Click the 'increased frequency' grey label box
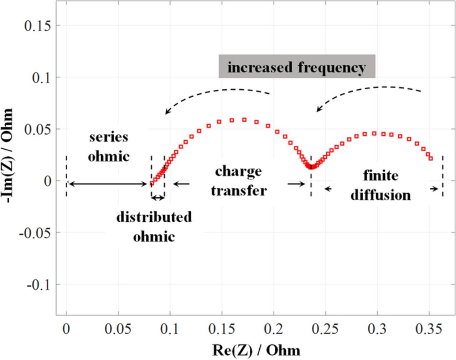(x=296, y=67)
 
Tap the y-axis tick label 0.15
(x=37, y=26)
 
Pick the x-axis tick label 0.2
(x=274, y=329)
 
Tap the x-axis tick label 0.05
(x=118, y=329)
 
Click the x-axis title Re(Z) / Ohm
(x=256, y=350)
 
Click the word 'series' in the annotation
(x=109, y=137)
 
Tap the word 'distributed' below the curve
(x=154, y=216)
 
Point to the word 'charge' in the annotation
(x=238, y=171)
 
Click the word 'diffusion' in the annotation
(x=380, y=195)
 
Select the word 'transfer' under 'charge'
(x=238, y=190)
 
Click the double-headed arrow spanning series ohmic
(x=107, y=184)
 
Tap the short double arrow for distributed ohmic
(x=157, y=198)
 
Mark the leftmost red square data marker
(x=152, y=183)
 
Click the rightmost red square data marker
(x=431, y=158)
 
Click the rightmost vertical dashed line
(x=442, y=176)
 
